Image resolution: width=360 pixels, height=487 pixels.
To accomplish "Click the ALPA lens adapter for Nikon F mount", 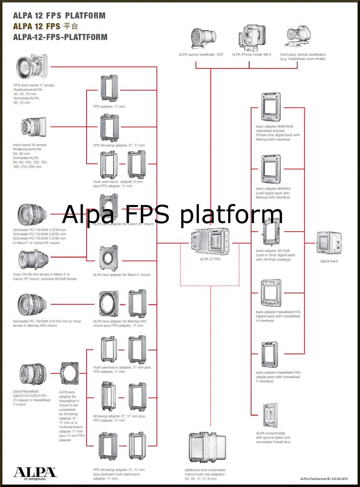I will coord(109,258).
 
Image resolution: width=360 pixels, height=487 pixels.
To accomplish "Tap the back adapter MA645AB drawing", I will coord(271,107).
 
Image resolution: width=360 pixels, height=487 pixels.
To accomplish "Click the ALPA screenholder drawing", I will coord(270,416).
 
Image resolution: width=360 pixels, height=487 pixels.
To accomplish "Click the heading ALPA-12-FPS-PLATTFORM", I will coord(60,37).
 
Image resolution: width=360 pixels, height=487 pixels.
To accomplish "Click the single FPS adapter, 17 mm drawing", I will coord(109,89).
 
